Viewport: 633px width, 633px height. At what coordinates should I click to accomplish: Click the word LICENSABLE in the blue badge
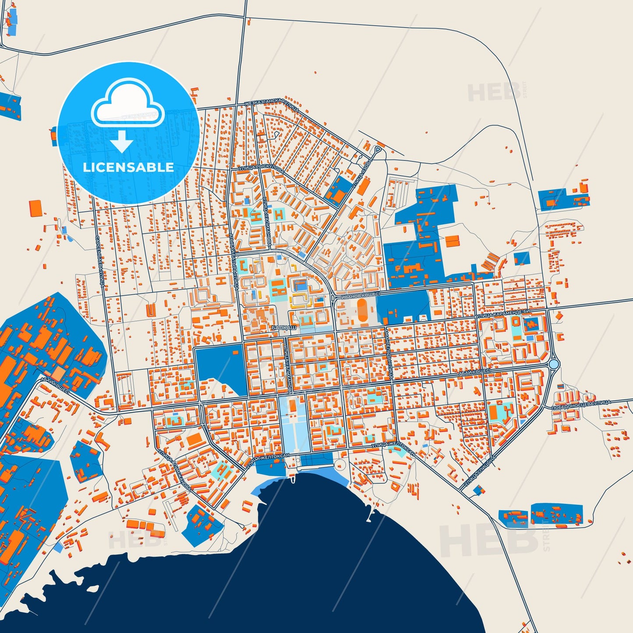pos(128,167)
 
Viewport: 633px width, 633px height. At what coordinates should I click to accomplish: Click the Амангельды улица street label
pos(388,352)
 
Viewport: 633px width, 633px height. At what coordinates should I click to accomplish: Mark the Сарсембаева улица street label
pos(99,261)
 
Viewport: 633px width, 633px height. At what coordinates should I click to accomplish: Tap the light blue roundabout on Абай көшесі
pos(554,364)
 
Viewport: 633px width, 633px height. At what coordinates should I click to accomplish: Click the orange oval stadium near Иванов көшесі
pos(362,310)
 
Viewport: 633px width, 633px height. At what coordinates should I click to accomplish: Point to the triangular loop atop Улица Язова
pos(378,150)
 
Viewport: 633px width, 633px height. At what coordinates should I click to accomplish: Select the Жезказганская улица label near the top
pos(272,105)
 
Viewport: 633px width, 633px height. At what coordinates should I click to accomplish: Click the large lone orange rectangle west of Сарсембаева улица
pos(35,208)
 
